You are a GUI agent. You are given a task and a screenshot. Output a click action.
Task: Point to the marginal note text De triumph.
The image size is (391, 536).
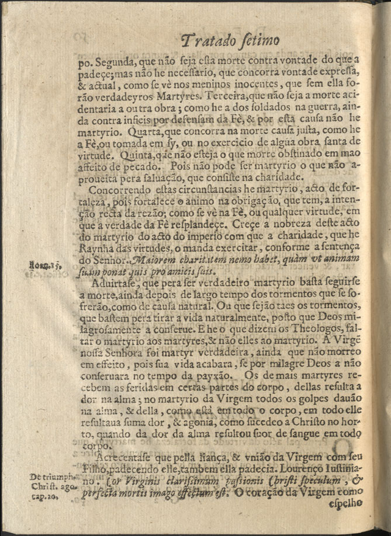[x=48, y=477]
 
